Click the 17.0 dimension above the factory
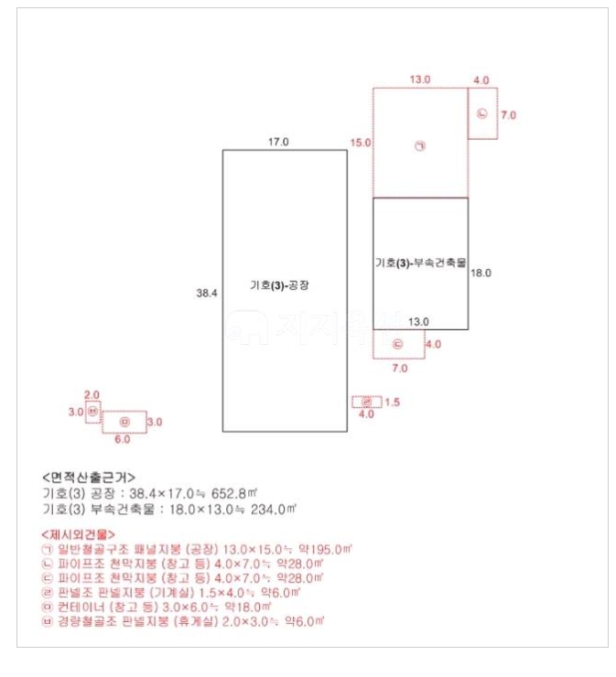278,142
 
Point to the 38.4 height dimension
207,293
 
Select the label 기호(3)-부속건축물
420,263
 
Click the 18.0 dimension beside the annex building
481,273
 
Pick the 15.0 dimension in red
361,143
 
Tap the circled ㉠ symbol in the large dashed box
420,147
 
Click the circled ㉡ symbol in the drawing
482,114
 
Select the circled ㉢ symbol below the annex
397,345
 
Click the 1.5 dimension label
392,403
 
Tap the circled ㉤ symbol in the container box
124,422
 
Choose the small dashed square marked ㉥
93,413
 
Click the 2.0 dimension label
92,394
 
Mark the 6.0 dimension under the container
123,439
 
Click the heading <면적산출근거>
89,478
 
